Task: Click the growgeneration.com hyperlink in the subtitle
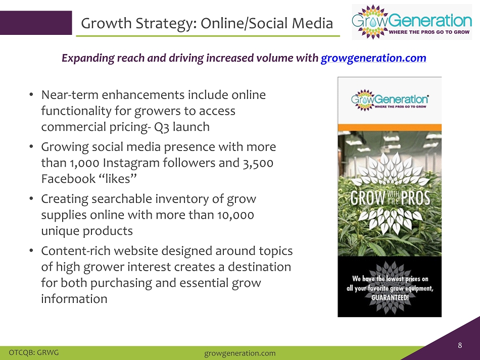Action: tap(373, 58)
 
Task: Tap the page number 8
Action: tap(460, 345)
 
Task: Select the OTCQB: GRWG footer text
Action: tap(34, 352)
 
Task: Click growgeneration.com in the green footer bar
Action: tap(239, 353)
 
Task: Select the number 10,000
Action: tap(236, 215)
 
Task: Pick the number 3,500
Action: tap(258, 163)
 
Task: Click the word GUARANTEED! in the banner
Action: tap(390, 297)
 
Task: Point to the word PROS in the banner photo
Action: tap(415, 198)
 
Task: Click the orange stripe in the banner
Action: tap(390, 128)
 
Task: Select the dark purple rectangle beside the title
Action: tap(36, 23)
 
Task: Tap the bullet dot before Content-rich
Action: tap(31, 251)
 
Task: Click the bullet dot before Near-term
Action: tap(31, 95)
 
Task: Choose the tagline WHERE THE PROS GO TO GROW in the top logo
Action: tap(429, 32)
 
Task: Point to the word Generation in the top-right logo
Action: tap(430, 21)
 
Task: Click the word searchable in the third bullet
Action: tap(122, 199)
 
